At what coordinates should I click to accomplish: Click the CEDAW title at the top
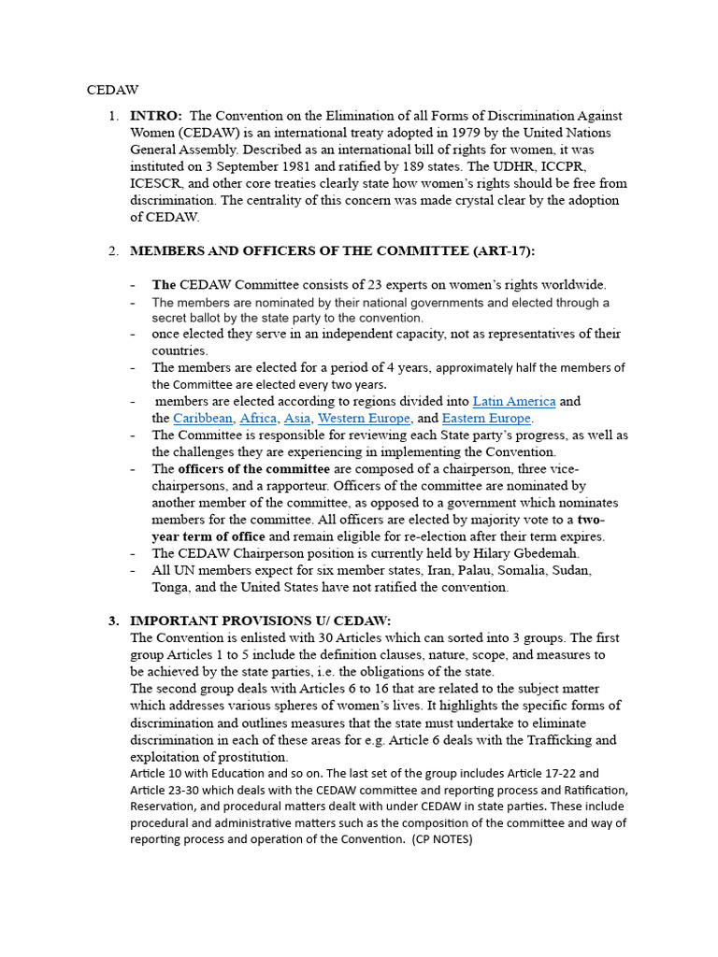pyautogui.click(x=112, y=91)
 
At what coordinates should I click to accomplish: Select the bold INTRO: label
pyautogui.click(x=155, y=116)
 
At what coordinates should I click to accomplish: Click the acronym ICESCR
pyautogui.click(x=153, y=183)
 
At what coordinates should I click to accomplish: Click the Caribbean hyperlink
pyautogui.click(x=203, y=418)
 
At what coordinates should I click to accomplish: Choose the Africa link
pyautogui.click(x=258, y=418)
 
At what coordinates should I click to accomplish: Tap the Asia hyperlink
pyautogui.click(x=296, y=418)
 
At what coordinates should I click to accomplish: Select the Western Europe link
pyautogui.click(x=364, y=418)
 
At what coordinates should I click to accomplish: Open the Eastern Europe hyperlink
pyautogui.click(x=486, y=418)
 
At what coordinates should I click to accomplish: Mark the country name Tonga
pyautogui.click(x=171, y=587)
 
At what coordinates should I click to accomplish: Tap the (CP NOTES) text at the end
pyautogui.click(x=442, y=839)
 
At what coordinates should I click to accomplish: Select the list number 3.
pyautogui.click(x=112, y=621)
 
